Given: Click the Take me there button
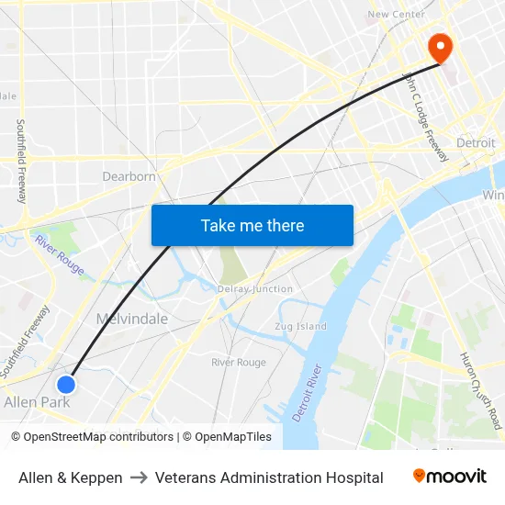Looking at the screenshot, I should (252, 225).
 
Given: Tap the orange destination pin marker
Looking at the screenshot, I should (440, 48).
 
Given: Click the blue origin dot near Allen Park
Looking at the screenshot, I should (66, 384).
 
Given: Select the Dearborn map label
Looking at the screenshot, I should (129, 176).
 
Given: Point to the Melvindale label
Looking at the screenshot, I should (132, 319).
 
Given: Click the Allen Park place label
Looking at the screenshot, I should (37, 402).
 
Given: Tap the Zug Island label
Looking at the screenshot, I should (300, 326).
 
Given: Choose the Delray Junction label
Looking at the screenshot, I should (255, 289).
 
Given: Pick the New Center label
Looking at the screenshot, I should (396, 14).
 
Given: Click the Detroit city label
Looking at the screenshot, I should (476, 143).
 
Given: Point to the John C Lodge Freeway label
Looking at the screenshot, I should (426, 118).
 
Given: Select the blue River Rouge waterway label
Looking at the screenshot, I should (60, 255).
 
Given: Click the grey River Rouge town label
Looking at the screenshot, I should (238, 363).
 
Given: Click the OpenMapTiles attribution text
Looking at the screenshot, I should (230, 437).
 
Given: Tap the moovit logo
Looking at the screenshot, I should (449, 477).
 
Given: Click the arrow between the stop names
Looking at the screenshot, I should (139, 477).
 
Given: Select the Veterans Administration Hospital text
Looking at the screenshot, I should (269, 477).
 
